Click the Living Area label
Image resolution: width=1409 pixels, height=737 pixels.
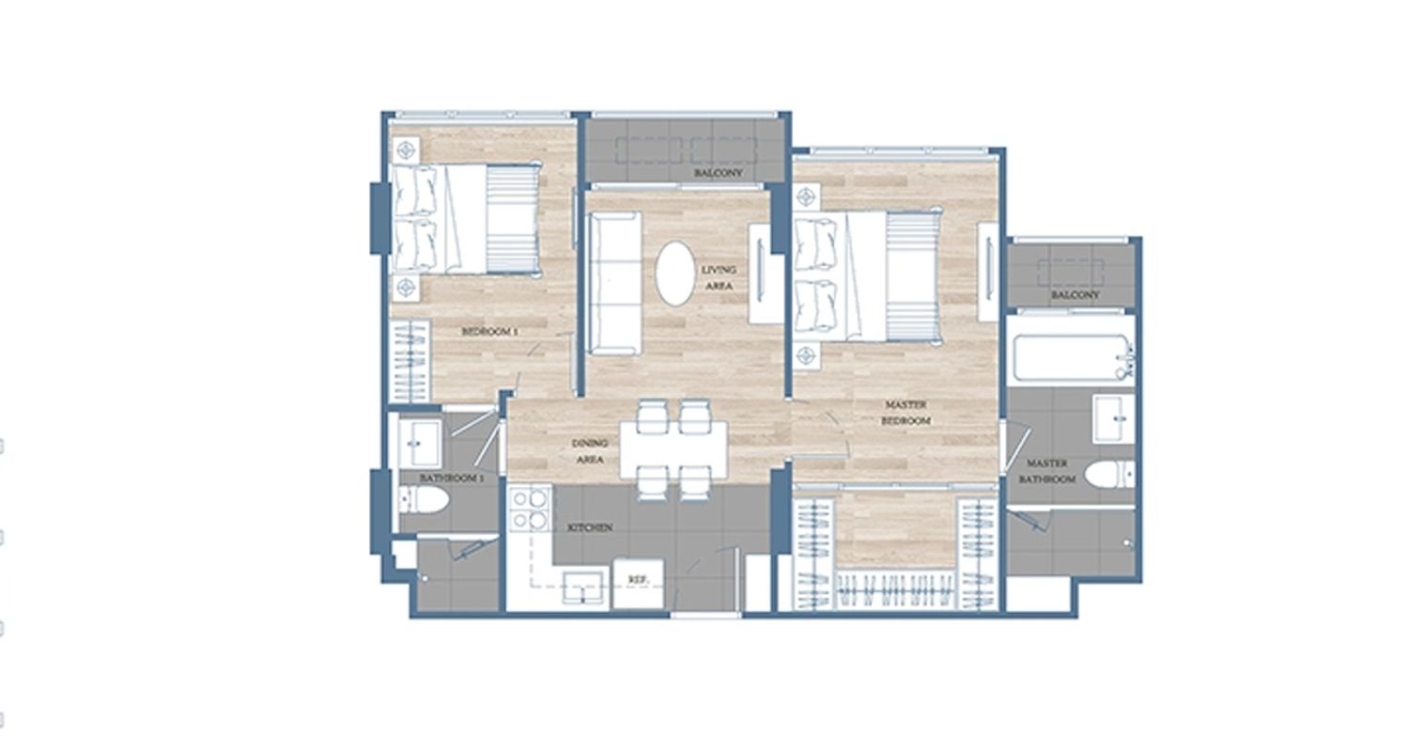coord(719,277)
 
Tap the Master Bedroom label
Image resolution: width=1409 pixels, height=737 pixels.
coord(906,413)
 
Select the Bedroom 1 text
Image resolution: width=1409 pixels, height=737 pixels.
coord(489,332)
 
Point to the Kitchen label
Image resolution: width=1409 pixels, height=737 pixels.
coord(590,527)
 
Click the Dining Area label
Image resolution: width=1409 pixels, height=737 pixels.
coord(590,451)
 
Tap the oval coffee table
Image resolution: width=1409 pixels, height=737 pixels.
coord(675,274)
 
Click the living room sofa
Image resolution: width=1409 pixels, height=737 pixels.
coord(614,283)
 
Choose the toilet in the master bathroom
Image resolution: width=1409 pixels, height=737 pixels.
coord(1111,475)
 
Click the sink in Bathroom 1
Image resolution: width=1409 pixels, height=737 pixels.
coord(420,444)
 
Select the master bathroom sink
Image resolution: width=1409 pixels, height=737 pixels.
coord(1114,418)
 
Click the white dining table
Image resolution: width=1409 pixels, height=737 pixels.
coord(674,449)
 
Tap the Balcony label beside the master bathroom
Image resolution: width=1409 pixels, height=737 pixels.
coord(1075,294)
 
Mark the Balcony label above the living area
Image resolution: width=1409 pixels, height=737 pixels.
coord(719,172)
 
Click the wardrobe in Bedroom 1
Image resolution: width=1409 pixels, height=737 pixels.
coord(410,361)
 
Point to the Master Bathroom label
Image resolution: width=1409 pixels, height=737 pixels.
coord(1047,471)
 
